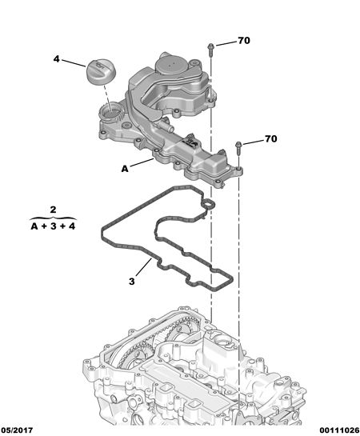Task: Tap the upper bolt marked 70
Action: pyautogui.click(x=210, y=50)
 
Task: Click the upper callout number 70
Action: pyautogui.click(x=244, y=41)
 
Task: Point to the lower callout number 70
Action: pyautogui.click(x=271, y=138)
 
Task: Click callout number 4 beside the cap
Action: pyautogui.click(x=57, y=59)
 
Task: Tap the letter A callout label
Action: pyautogui.click(x=125, y=169)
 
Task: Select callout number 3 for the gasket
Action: pyautogui.click(x=132, y=282)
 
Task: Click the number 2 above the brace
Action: pyautogui.click(x=53, y=210)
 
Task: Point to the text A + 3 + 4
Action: pyautogui.click(x=53, y=226)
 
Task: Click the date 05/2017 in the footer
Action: pyautogui.click(x=17, y=430)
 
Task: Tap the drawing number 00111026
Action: pyautogui.click(x=339, y=430)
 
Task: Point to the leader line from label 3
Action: pyautogui.click(x=144, y=266)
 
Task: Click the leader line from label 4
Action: pyautogui.click(x=74, y=63)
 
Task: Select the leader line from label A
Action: pyautogui.click(x=142, y=162)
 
